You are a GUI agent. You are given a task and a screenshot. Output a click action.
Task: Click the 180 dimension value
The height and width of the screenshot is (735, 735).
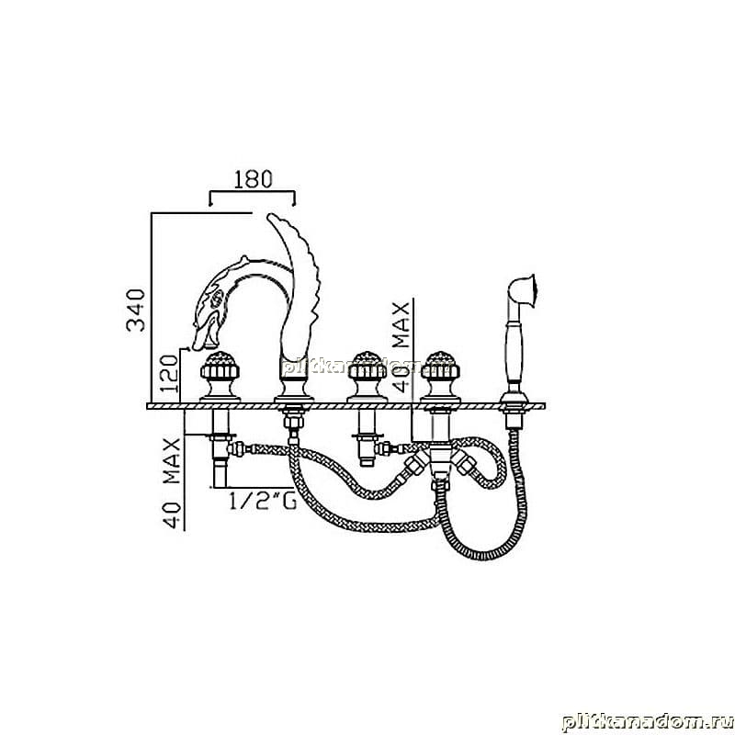coord(253,179)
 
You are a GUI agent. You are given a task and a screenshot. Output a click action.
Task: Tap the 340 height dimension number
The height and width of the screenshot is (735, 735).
coord(136,311)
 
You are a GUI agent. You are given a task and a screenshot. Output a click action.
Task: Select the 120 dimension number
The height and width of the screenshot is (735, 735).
coord(170,374)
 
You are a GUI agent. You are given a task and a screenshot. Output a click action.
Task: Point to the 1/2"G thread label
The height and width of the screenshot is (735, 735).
coord(263,501)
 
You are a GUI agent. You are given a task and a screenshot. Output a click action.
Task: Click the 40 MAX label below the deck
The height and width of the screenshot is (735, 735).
coord(172,483)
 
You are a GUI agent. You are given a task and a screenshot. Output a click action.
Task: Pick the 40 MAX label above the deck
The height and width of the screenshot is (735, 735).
coord(401,347)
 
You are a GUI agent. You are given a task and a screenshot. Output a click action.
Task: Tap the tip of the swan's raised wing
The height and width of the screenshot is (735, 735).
coord(271,217)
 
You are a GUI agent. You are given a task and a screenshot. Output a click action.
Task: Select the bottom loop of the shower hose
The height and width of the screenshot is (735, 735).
coord(483,556)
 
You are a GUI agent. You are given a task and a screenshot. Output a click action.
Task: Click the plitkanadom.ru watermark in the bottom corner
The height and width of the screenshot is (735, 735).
coord(648,722)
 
